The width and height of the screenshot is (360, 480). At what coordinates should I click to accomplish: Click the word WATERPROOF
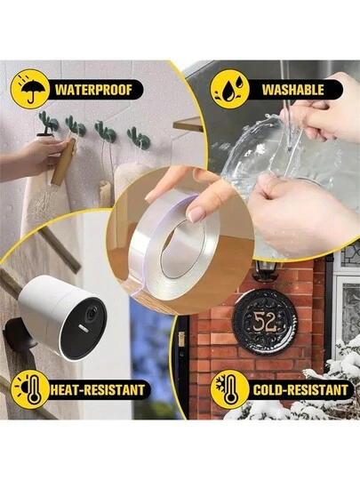pyautogui.click(x=93, y=90)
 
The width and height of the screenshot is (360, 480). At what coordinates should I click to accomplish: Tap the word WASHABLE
pyautogui.click(x=293, y=90)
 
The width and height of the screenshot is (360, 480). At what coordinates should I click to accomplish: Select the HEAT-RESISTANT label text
pyautogui.click(x=98, y=389)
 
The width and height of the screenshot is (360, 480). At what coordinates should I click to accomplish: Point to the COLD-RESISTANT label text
pyautogui.click(x=300, y=389)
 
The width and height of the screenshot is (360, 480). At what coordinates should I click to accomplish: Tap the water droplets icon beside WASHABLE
pyautogui.click(x=229, y=89)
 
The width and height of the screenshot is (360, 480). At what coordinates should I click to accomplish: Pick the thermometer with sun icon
pyautogui.click(x=30, y=389)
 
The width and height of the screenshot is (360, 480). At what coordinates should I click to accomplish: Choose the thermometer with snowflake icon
pyautogui.click(x=229, y=389)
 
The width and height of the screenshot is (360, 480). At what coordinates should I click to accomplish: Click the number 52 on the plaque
pyautogui.click(x=265, y=323)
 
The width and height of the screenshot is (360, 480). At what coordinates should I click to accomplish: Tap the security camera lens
pyautogui.click(x=91, y=315)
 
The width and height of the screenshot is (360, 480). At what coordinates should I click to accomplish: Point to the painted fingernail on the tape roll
pyautogui.click(x=196, y=214)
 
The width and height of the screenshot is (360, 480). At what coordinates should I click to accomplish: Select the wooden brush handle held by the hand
pyautogui.click(x=64, y=161)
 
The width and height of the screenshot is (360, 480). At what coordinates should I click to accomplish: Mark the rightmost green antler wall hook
pyautogui.click(x=139, y=138)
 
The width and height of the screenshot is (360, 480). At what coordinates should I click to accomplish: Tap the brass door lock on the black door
pyautogui.click(x=181, y=340)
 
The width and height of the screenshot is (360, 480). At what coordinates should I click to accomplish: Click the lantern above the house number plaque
pyautogui.click(x=266, y=270)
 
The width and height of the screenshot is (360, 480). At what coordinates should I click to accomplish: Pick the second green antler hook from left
pyautogui.click(x=76, y=126)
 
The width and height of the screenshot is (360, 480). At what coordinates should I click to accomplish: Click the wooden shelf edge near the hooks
pyautogui.click(x=188, y=124)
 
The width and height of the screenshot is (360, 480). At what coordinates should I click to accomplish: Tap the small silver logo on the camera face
pyautogui.click(x=83, y=327)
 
